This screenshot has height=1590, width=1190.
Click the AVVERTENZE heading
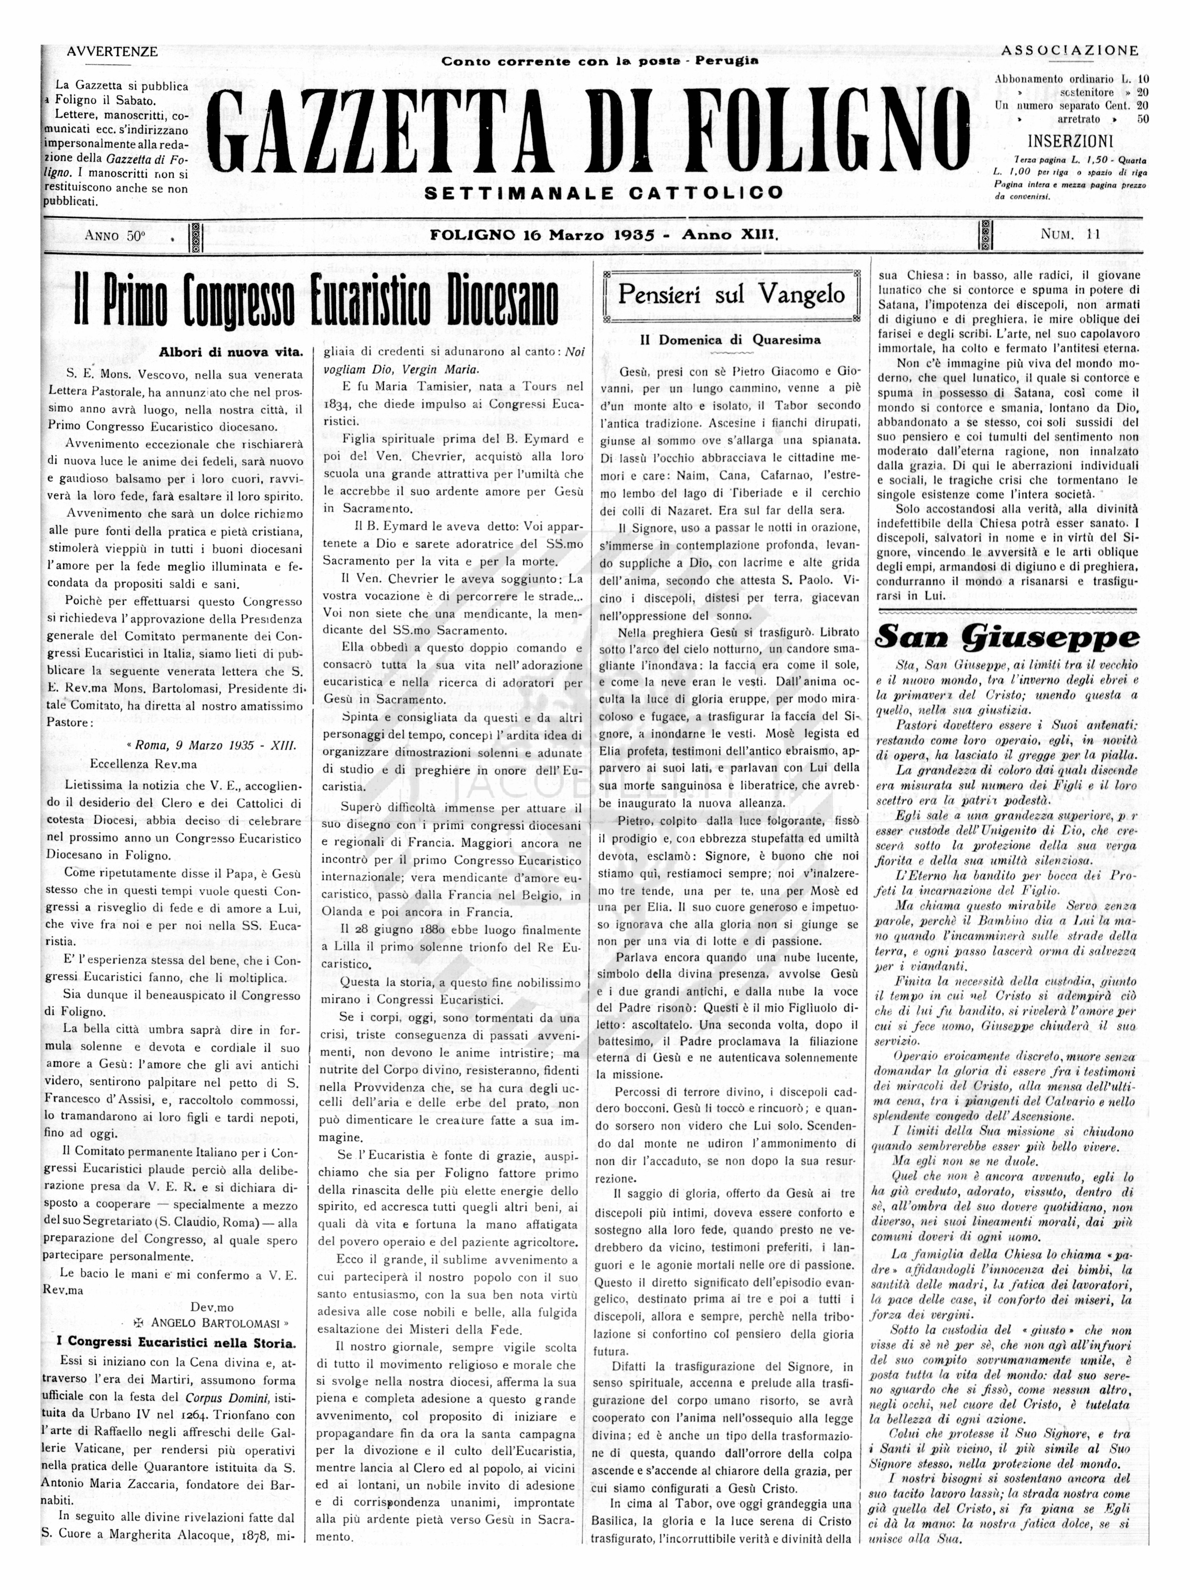pyautogui.click(x=112, y=52)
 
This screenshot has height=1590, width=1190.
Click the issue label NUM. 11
pyautogui.click(x=1070, y=234)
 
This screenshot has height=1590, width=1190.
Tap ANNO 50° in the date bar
pyautogui.click(x=115, y=235)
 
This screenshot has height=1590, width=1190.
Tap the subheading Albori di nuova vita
pyautogui.click(x=231, y=352)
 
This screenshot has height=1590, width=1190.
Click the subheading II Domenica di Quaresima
pyautogui.click(x=730, y=340)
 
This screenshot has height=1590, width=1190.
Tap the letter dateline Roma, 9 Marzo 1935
pyautogui.click(x=214, y=745)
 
